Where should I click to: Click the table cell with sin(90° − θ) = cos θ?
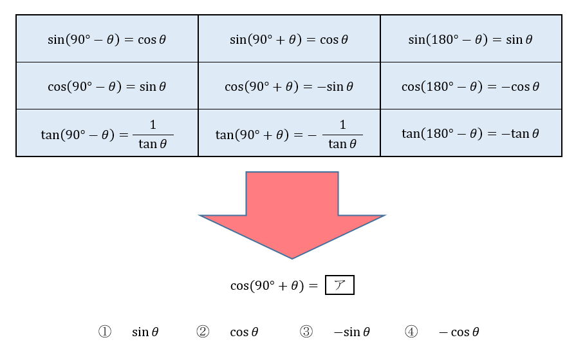pyautogui.click(x=107, y=39)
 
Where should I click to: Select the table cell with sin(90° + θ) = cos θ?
pyautogui.click(x=289, y=39)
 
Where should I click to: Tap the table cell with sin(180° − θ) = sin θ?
pyautogui.click(x=470, y=39)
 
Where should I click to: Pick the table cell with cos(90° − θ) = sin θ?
pyautogui.click(x=107, y=86)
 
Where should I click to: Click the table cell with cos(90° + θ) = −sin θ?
pyautogui.click(x=289, y=86)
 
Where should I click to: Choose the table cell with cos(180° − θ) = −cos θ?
pyautogui.click(x=470, y=86)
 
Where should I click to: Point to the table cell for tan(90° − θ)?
pyautogui.click(x=107, y=133)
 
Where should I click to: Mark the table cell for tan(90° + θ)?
pyautogui.click(x=289, y=133)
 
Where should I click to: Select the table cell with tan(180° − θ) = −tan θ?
pyautogui.click(x=470, y=133)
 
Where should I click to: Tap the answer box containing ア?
pyautogui.click(x=339, y=285)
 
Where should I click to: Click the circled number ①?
pyautogui.click(x=105, y=332)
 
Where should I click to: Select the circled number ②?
pyautogui.click(x=203, y=332)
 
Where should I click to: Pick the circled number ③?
pyautogui.click(x=306, y=332)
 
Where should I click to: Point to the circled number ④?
pyautogui.click(x=411, y=332)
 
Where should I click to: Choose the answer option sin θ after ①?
pyautogui.click(x=145, y=332)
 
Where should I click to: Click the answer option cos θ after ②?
pyautogui.click(x=244, y=332)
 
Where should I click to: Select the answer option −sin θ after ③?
pyautogui.click(x=351, y=332)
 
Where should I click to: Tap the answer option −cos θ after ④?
pyautogui.click(x=459, y=332)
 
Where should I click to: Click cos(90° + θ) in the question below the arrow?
pyautogui.click(x=267, y=286)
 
